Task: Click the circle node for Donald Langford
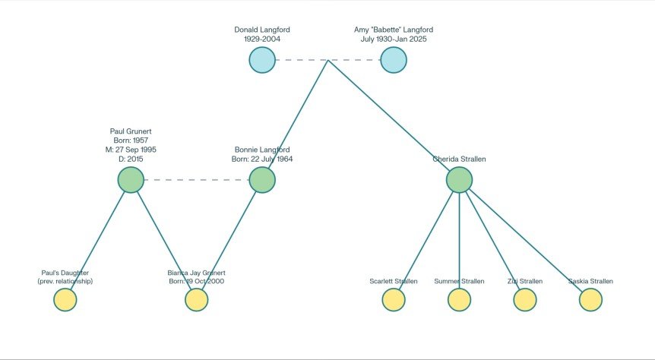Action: point(262,60)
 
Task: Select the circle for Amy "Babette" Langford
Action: point(393,60)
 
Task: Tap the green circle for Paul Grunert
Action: point(131,180)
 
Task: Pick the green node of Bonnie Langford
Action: point(262,180)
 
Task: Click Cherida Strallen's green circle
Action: point(459,180)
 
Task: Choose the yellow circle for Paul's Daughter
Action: point(65,300)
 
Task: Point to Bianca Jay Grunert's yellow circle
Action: point(197,300)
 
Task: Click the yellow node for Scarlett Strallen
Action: point(394,300)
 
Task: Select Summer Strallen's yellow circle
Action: point(459,300)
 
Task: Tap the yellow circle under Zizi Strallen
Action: point(525,300)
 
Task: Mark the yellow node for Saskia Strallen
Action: point(590,300)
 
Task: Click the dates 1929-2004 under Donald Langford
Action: point(262,39)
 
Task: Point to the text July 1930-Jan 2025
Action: point(394,39)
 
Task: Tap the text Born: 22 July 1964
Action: point(262,159)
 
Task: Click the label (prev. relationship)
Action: point(65,282)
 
